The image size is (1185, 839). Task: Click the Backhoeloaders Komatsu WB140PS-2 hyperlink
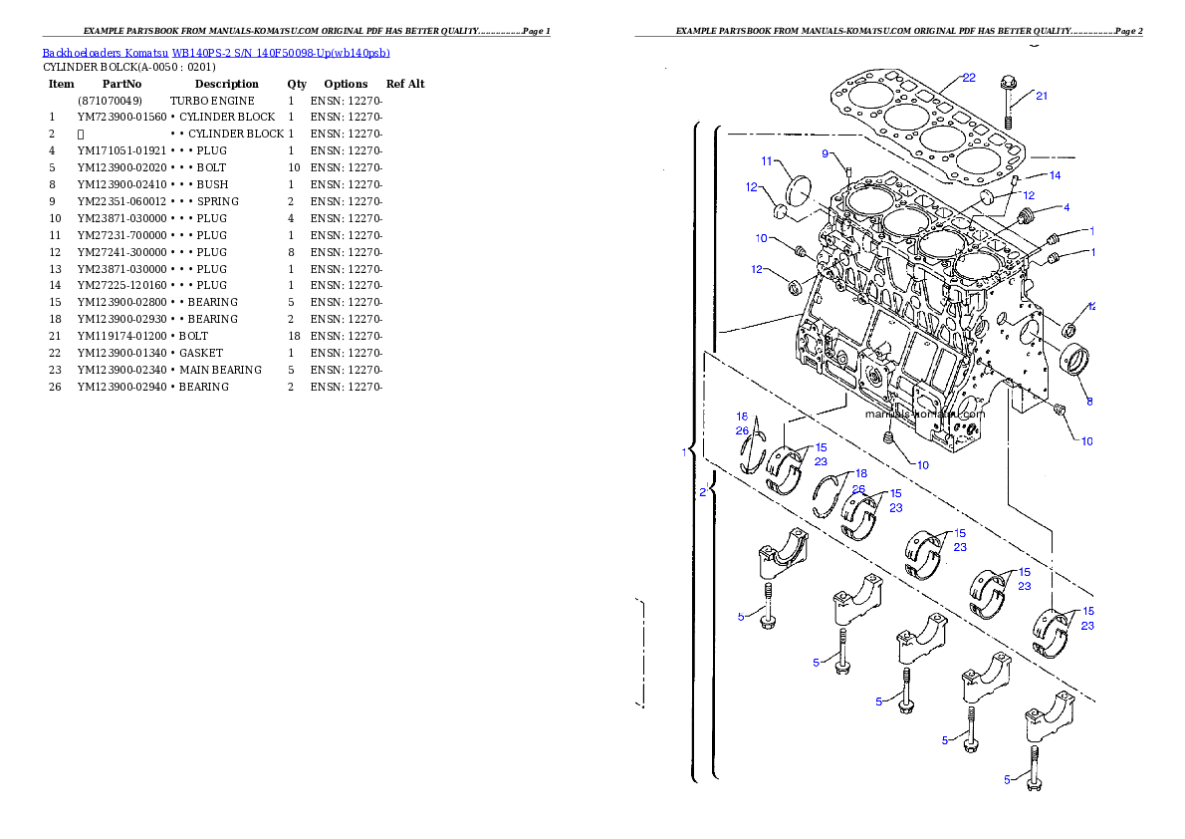click(x=216, y=52)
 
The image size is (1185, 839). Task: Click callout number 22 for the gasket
click(x=968, y=78)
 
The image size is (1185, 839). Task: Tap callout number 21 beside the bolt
click(x=1042, y=97)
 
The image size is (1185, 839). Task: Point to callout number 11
click(x=767, y=161)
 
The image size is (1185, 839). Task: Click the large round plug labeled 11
click(x=802, y=191)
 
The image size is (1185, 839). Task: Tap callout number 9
click(x=826, y=153)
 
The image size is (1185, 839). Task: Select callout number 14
click(x=1055, y=175)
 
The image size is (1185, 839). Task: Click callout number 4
click(x=1066, y=208)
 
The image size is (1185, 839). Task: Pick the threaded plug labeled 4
click(x=1029, y=215)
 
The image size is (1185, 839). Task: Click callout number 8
click(x=1089, y=402)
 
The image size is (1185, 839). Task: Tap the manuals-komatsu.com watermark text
click(x=924, y=414)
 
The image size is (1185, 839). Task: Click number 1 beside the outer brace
click(x=684, y=452)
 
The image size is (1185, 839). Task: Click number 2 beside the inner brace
click(x=702, y=492)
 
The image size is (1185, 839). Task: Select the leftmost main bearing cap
click(x=782, y=554)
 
